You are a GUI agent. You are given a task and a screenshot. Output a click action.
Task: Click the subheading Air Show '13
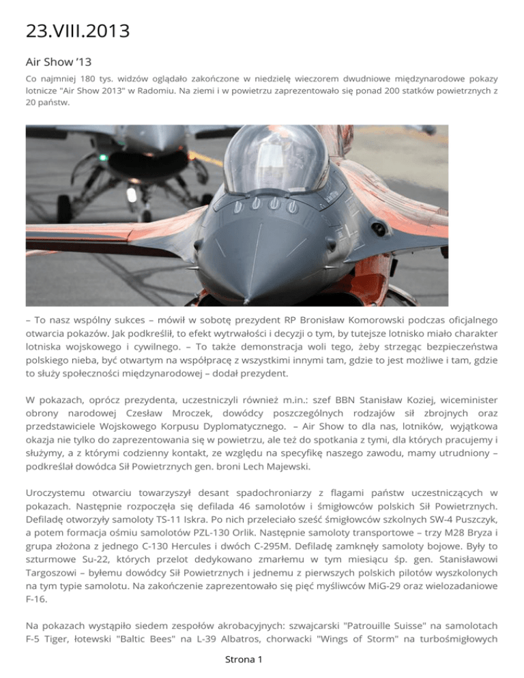59,62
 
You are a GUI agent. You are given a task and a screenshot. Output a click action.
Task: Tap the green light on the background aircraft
103,158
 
